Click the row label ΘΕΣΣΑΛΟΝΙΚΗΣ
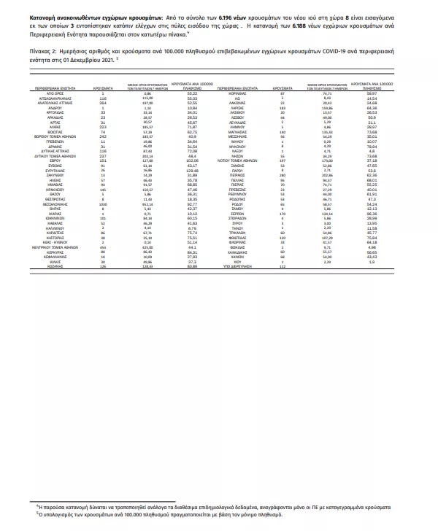click(x=58, y=224)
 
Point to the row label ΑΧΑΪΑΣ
click(x=58, y=126)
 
